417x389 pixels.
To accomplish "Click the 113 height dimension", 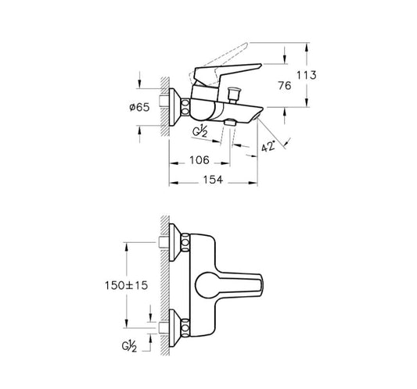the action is click(x=307, y=75).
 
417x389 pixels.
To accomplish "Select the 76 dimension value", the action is click(x=284, y=85).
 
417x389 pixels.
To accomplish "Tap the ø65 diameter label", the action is click(x=139, y=107).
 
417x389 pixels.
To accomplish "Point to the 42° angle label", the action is click(x=268, y=146).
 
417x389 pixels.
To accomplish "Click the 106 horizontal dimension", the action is click(x=200, y=160).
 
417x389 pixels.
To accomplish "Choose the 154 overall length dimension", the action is click(x=213, y=180).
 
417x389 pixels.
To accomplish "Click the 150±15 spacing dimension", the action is click(x=126, y=285).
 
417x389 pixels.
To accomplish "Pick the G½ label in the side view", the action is click(x=200, y=132).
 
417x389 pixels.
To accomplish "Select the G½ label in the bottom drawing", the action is click(x=130, y=347).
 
